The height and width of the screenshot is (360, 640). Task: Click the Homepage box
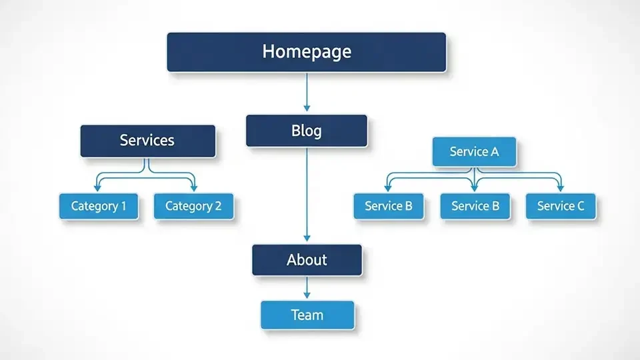(306, 51)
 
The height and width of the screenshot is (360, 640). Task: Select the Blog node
(306, 131)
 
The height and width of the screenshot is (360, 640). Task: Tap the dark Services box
(147, 141)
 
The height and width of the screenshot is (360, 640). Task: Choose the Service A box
(474, 152)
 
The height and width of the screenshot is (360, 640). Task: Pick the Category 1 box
(99, 206)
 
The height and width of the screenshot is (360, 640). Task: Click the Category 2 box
(193, 206)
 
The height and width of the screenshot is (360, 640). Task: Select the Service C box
(561, 206)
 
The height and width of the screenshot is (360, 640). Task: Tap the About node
(307, 259)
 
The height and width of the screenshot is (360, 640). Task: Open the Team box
(307, 315)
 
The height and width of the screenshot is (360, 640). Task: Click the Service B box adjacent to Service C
(475, 206)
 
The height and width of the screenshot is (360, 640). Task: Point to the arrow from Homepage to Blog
(307, 92)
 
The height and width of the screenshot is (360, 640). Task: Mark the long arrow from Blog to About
(307, 193)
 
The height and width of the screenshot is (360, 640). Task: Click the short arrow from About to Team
(307, 288)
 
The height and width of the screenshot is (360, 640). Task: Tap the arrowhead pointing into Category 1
(98, 188)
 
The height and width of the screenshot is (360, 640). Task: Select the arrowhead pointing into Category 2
(194, 188)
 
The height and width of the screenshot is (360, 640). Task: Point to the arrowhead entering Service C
(560, 188)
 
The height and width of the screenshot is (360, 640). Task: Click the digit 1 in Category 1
(123, 206)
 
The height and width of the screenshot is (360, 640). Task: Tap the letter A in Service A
(494, 152)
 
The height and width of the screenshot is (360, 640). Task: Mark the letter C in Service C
(580, 206)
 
